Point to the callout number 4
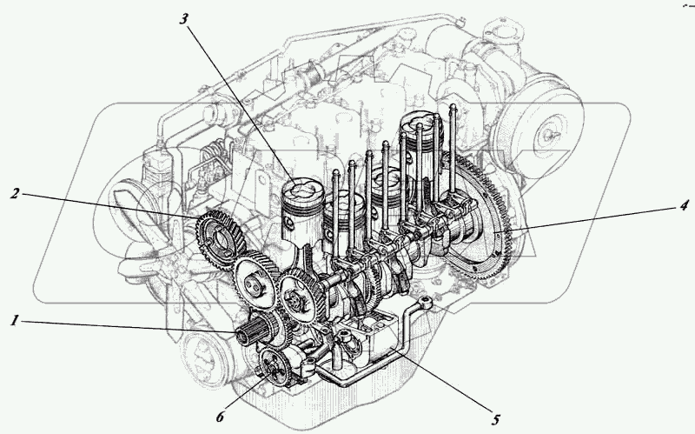tap(685, 206)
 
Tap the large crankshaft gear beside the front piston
tap(300, 296)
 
